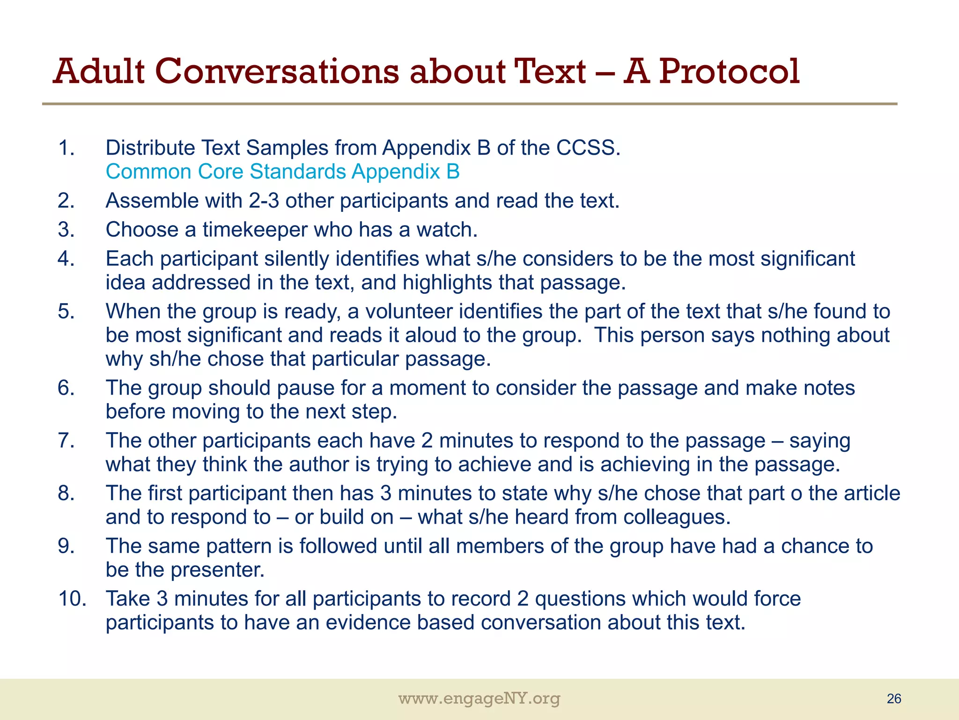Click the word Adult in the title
click(99, 71)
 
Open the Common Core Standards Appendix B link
click(282, 172)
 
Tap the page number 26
click(893, 699)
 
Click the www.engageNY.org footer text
click(479, 699)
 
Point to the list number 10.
click(72, 599)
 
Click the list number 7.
click(66, 441)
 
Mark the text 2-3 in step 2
click(264, 201)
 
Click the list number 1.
click(66, 148)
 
